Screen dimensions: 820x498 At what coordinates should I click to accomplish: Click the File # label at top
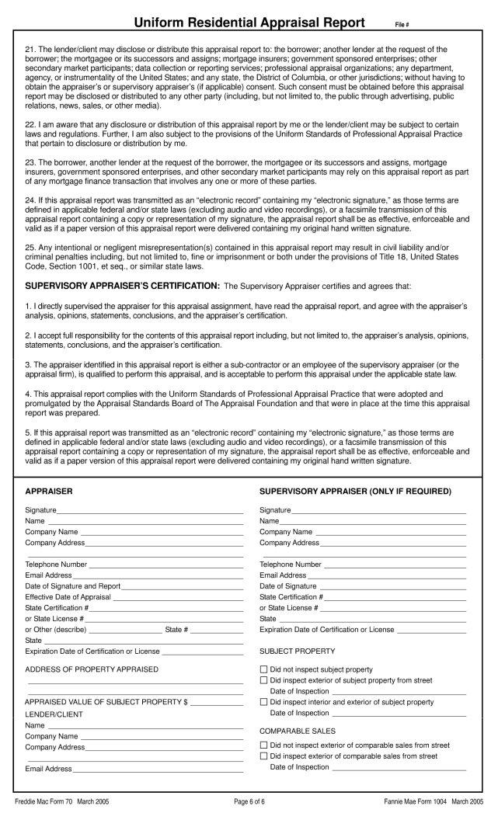[x=414, y=25]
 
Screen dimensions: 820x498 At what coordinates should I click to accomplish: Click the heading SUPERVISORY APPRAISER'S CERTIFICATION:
[x=123, y=286]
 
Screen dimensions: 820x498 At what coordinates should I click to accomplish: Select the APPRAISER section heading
[x=49, y=492]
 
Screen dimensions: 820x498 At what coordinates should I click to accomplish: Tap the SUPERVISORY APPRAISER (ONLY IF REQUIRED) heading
[x=354, y=492]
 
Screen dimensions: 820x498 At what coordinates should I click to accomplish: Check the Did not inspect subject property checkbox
[x=263, y=669]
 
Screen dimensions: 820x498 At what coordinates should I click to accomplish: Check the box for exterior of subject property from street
[x=263, y=680]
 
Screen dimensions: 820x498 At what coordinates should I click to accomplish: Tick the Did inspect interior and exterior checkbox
[x=263, y=702]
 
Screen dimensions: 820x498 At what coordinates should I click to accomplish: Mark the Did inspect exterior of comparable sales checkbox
[x=263, y=756]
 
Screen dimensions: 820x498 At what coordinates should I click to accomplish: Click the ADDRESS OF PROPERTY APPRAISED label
[x=92, y=669]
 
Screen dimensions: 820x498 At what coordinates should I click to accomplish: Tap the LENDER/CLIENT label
[x=54, y=714]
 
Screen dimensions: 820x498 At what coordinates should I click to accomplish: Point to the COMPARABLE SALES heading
[x=298, y=731]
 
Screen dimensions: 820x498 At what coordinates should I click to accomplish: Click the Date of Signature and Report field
[x=183, y=585]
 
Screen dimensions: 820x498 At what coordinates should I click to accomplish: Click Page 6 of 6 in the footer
[x=249, y=801]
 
